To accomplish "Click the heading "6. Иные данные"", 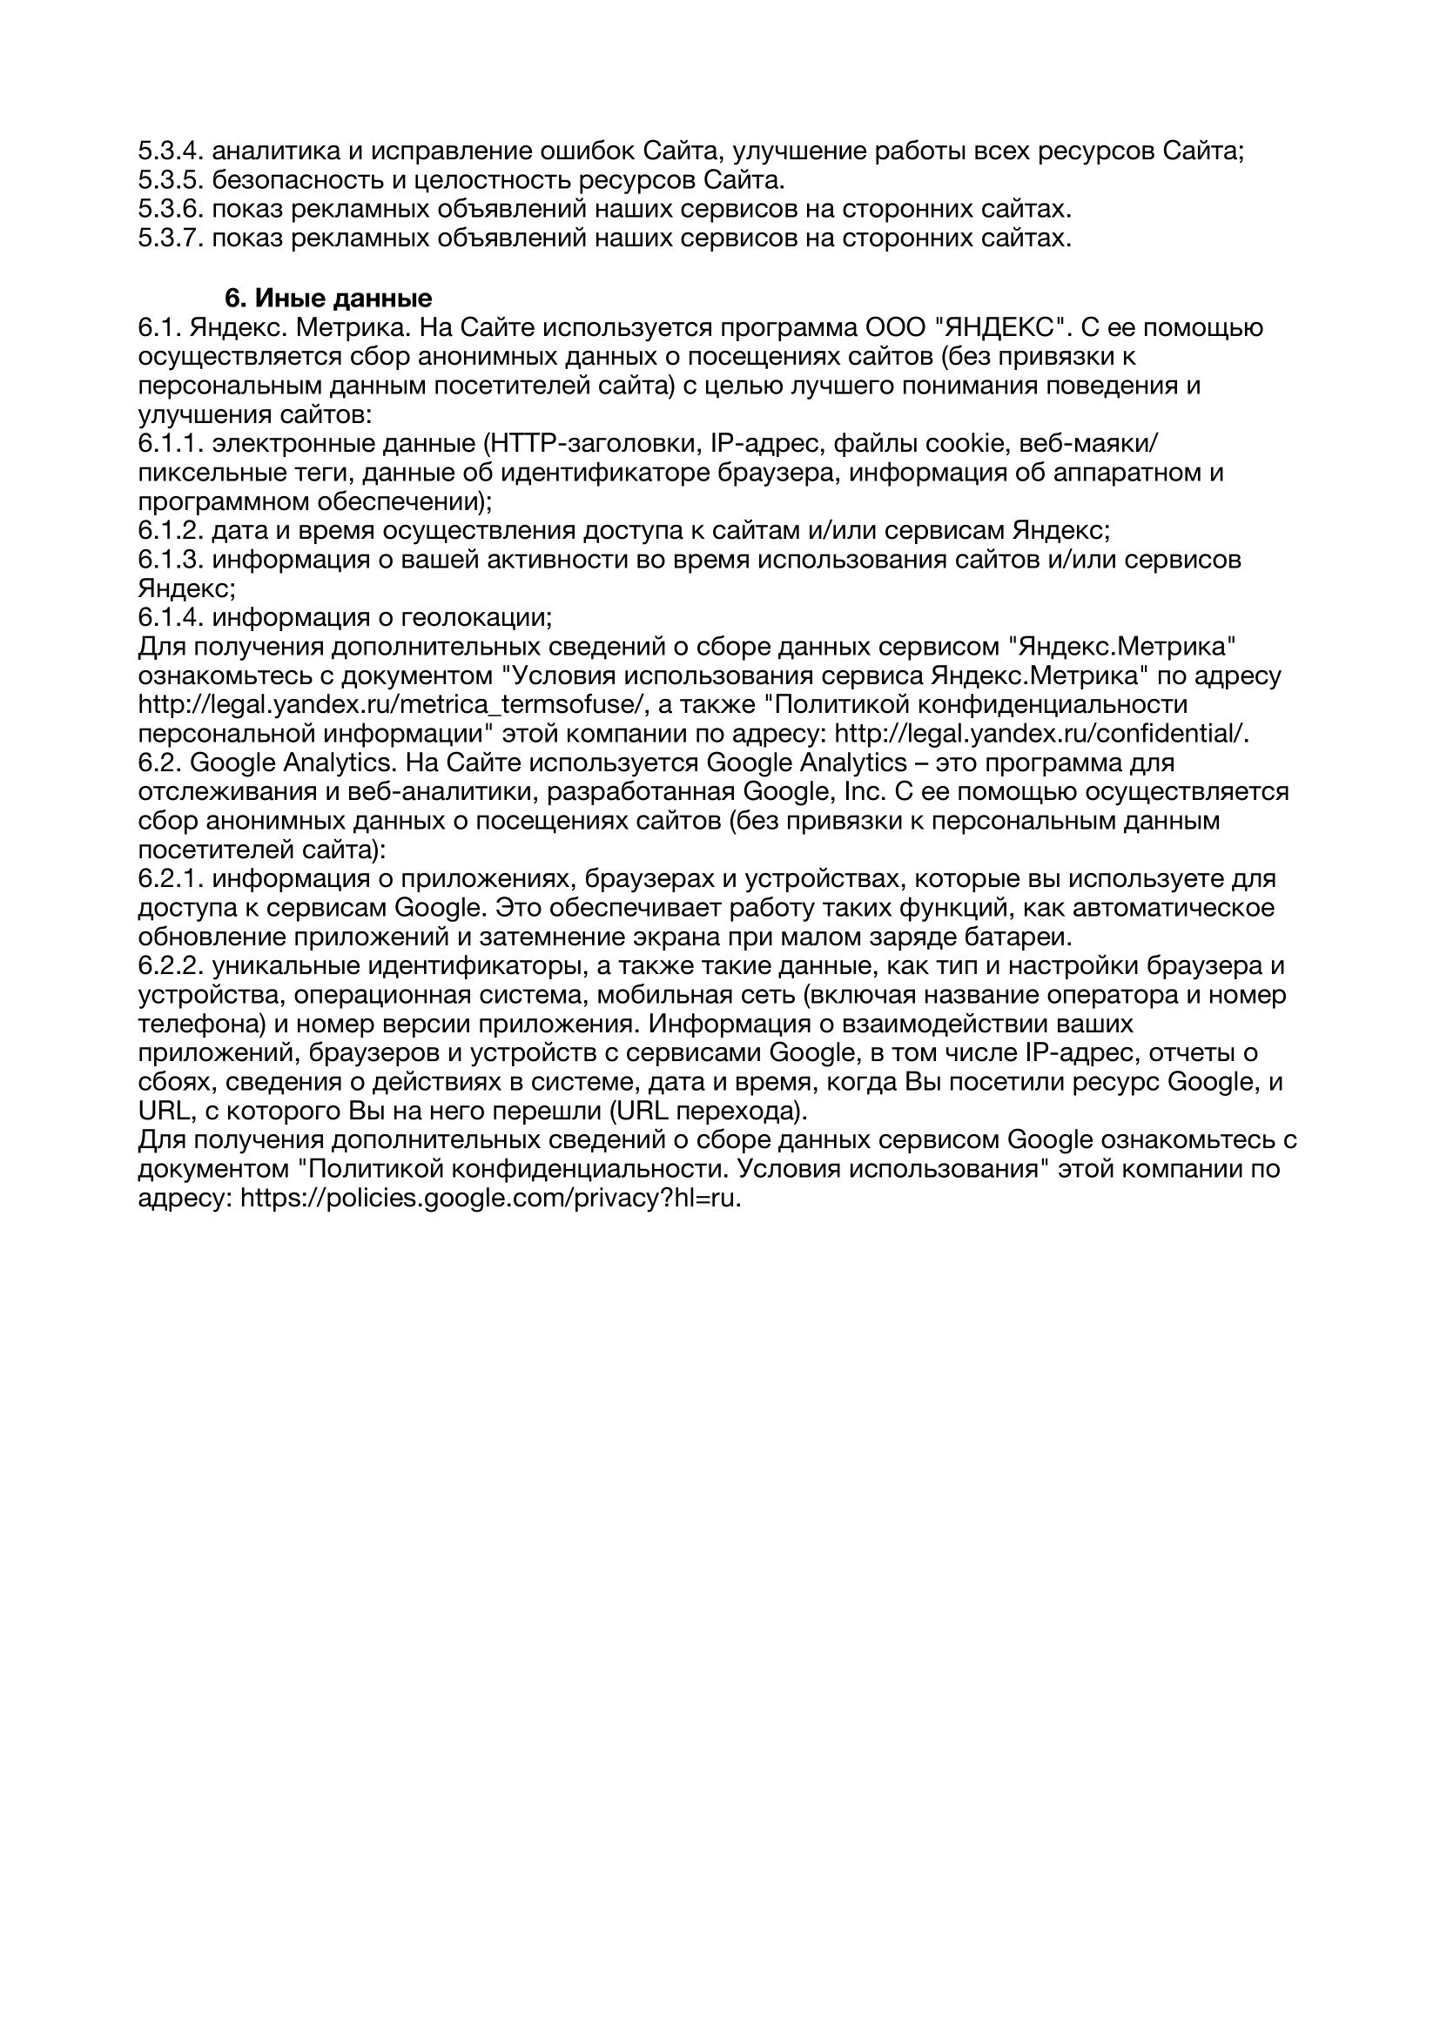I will point(328,298).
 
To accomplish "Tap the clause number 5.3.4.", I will point(172,151).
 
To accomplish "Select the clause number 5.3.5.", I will point(172,181).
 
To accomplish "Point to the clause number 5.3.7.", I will point(172,239).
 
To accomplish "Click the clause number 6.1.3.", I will point(172,560).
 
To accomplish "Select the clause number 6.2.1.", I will point(172,879).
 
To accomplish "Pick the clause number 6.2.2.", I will point(172,965).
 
